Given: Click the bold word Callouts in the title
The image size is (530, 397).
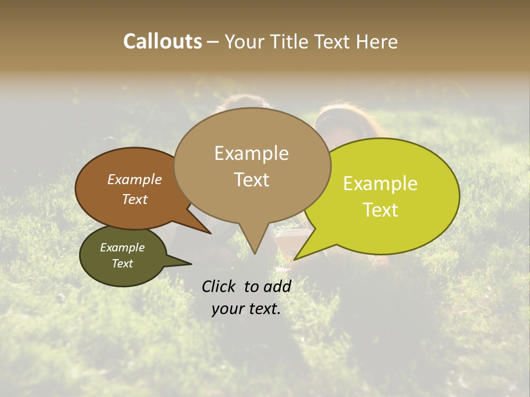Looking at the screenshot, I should coord(162,41).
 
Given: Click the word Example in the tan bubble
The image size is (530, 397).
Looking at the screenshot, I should coord(251,153).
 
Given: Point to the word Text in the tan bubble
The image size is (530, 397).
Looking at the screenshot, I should coord(251,180).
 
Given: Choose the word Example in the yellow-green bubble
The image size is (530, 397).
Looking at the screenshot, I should coord(380,184).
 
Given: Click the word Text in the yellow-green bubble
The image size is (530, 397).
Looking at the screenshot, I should coord(380,210).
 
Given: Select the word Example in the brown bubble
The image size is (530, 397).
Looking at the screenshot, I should coord(135,179).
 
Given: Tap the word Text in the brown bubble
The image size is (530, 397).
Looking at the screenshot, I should coord(135,199).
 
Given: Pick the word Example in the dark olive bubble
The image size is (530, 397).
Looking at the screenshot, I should coord(122,248).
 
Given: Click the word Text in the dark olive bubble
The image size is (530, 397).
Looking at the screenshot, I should coord(122,264).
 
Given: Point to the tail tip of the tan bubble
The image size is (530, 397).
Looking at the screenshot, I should coord(255,253).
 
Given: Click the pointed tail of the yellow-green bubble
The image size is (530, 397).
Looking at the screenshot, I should coord(295,259).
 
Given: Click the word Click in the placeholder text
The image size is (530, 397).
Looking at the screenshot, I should coord(220,286).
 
